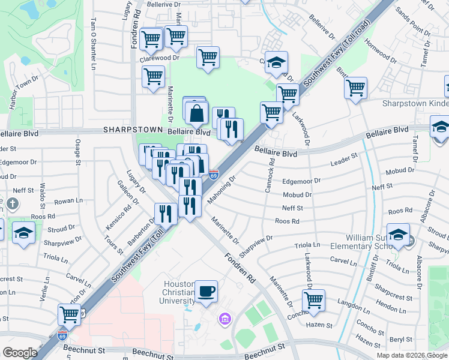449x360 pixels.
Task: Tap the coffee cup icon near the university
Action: click(206, 291)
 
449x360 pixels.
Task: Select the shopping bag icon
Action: click(196, 112)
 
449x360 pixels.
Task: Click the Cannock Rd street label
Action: click(270, 175)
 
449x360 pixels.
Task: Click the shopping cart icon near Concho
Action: click(313, 299)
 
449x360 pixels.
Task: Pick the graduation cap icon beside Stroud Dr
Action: click(23, 233)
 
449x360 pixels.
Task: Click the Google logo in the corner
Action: click(19, 353)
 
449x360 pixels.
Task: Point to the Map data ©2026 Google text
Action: click(412, 355)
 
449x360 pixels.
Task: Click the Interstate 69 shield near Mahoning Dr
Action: click(214, 174)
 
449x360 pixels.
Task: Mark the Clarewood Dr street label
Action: click(160, 59)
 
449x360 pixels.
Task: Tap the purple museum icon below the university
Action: click(226, 317)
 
